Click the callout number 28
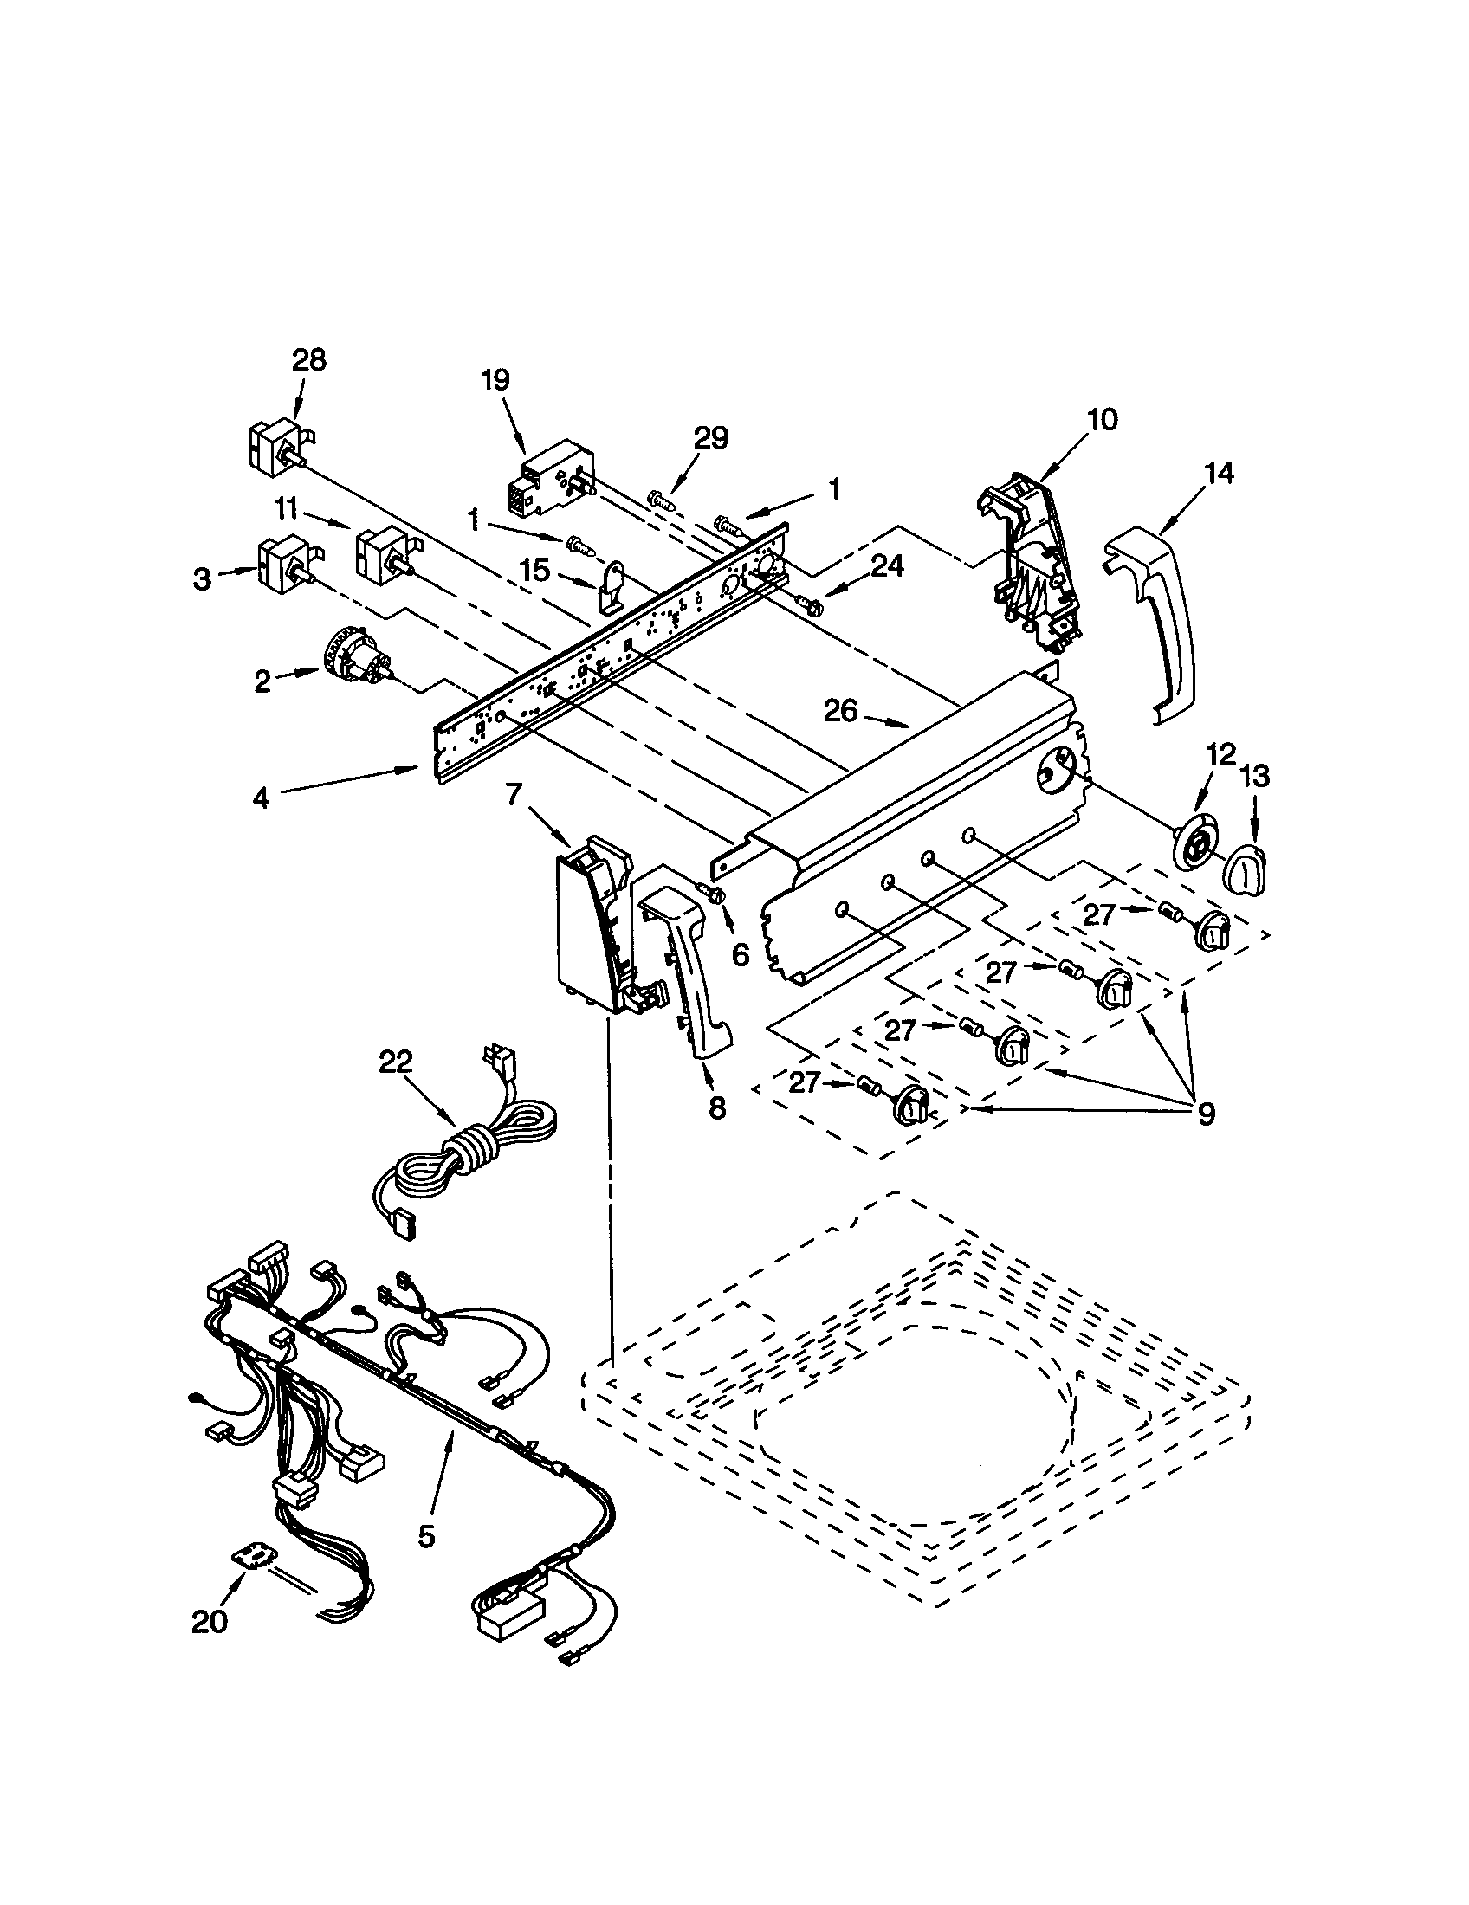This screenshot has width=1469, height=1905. coord(309,361)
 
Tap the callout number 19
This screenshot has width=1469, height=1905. coord(495,381)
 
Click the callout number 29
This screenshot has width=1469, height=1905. coord(711,438)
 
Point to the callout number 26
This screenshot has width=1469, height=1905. coord(841,712)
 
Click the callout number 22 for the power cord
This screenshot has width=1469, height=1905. coord(396,1062)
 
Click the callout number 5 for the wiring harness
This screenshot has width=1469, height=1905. coord(425,1536)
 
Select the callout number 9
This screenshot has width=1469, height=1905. coord(1206,1113)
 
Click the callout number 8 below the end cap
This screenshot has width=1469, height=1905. coord(716,1107)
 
